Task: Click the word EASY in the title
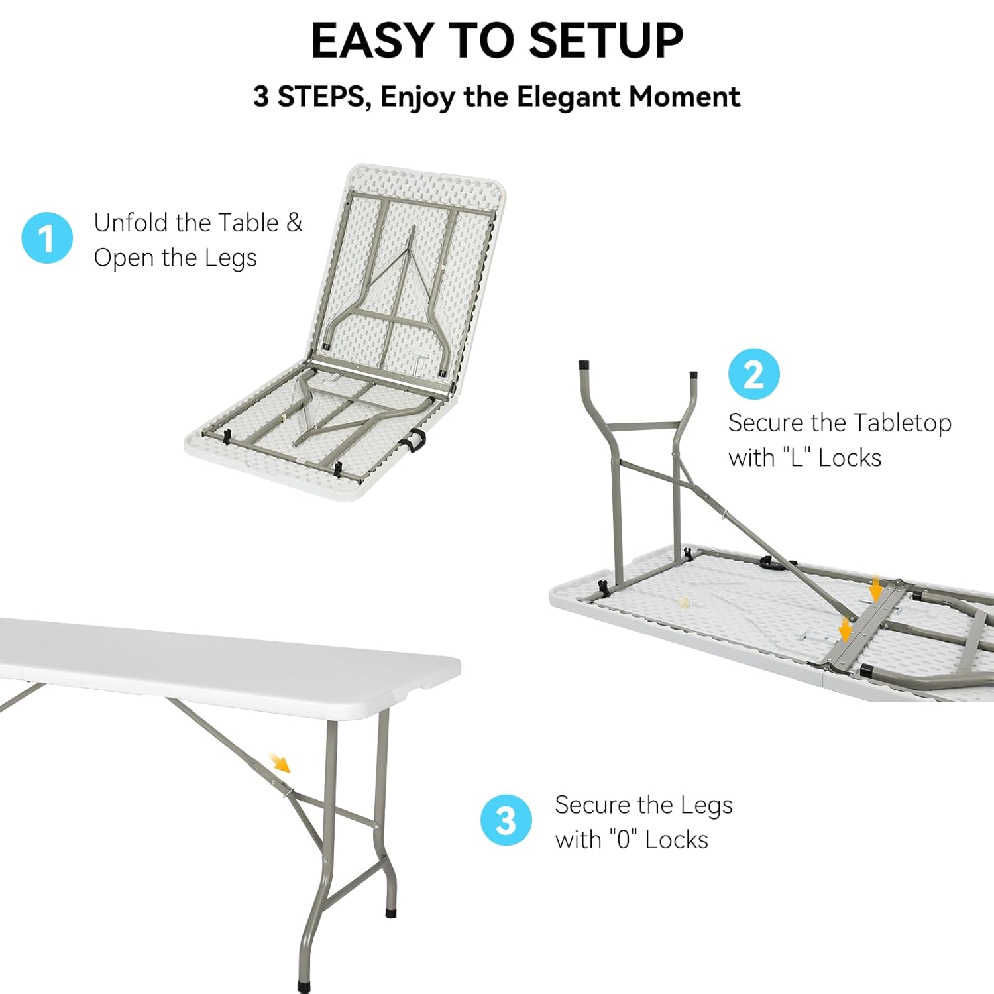click(372, 40)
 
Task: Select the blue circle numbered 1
click(47, 238)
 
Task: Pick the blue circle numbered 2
click(754, 374)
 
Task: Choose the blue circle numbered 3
click(506, 820)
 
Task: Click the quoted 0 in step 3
click(624, 840)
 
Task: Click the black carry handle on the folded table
click(415, 441)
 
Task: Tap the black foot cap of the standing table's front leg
click(304, 987)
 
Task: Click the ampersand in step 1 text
click(294, 223)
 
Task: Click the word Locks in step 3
click(677, 840)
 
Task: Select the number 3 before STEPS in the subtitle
click(261, 97)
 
